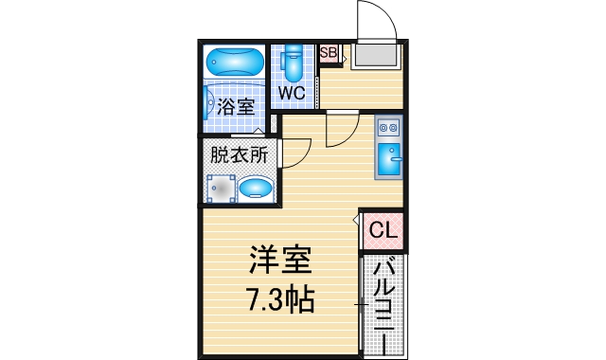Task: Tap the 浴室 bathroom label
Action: point(235,107)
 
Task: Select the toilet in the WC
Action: point(291,64)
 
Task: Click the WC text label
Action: point(291,94)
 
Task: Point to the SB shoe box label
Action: point(329,53)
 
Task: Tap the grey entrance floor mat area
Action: point(376,57)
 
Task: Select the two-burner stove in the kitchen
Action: point(389,127)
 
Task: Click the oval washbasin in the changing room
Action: point(256,189)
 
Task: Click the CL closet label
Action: point(382,230)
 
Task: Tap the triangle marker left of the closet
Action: point(355,221)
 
